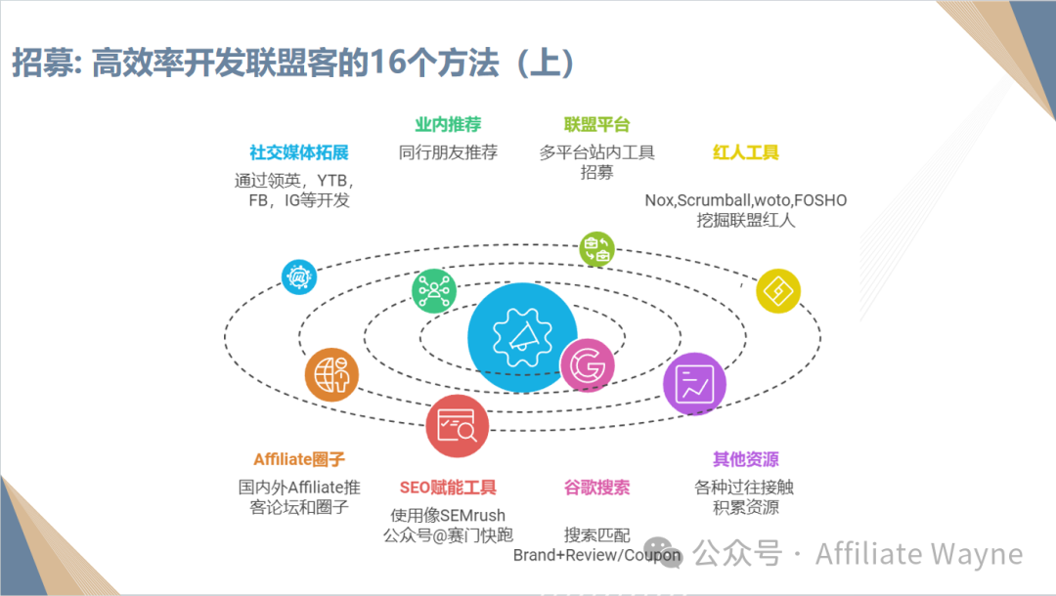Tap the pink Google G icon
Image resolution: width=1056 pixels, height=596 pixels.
click(x=587, y=366)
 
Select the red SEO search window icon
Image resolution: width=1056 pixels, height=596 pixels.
click(x=457, y=427)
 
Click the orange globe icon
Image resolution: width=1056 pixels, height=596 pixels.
click(x=331, y=374)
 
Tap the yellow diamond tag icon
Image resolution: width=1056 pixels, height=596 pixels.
click(x=778, y=290)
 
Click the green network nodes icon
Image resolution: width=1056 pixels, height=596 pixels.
click(x=434, y=290)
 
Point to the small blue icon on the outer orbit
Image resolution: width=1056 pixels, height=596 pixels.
click(x=299, y=277)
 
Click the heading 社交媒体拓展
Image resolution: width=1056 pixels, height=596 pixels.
click(x=298, y=152)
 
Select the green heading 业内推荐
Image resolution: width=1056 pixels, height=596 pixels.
click(x=448, y=125)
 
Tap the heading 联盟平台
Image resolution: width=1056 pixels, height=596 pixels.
click(x=596, y=125)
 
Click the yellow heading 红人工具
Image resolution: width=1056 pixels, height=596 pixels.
click(x=745, y=152)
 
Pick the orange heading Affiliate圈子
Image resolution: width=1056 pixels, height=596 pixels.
click(x=299, y=459)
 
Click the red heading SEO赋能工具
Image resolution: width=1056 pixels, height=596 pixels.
click(x=448, y=487)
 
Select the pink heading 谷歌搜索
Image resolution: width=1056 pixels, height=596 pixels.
click(x=596, y=487)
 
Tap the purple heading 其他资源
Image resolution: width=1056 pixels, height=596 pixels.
click(x=745, y=459)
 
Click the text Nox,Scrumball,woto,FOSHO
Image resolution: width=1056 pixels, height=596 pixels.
click(x=745, y=200)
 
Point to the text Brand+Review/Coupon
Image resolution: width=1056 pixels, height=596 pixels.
click(x=596, y=555)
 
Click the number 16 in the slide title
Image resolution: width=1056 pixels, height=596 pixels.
click(x=387, y=64)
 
